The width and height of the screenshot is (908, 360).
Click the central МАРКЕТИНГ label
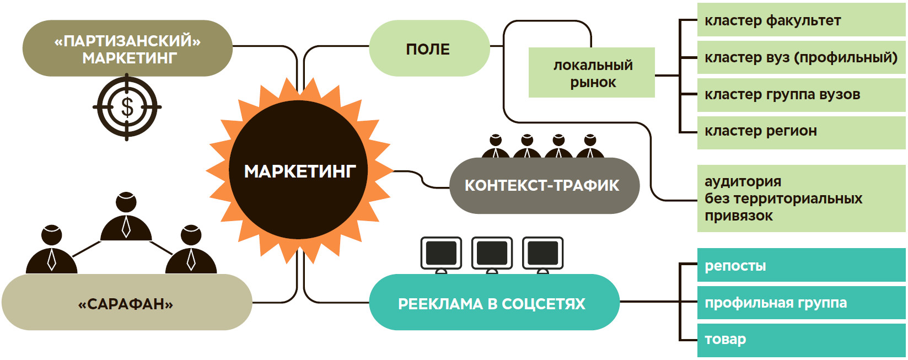pos(299,171)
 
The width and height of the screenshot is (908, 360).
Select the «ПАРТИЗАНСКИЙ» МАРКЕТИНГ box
pos(127,49)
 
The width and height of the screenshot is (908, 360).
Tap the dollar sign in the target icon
pos(127,107)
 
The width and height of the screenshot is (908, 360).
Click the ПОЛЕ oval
pos(428,49)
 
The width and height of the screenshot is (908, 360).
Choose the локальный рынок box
pos(592,73)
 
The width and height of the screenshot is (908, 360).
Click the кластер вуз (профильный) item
pos(800,57)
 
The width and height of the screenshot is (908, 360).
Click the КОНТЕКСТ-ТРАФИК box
pos(543,185)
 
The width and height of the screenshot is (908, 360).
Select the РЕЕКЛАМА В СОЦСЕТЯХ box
pos(492,303)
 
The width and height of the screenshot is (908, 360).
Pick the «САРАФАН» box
pos(126,304)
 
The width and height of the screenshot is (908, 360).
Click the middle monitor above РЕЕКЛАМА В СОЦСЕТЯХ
pos(492,254)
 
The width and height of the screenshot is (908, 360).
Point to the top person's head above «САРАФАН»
pos(126,202)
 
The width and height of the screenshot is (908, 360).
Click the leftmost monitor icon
pos(441,254)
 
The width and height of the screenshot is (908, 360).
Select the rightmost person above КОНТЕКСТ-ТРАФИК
pos(590,146)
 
